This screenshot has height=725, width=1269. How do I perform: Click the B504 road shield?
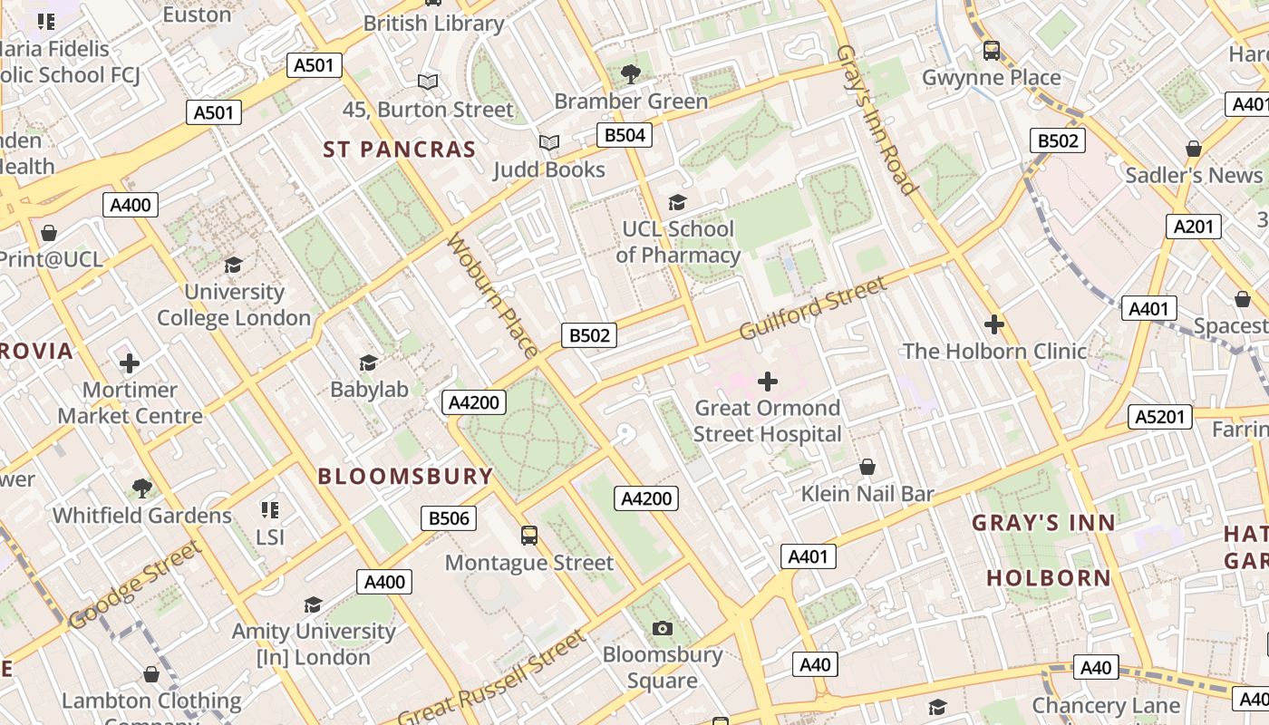625,136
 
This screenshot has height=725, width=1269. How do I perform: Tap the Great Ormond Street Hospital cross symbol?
768,381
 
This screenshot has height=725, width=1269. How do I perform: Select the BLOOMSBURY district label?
405,477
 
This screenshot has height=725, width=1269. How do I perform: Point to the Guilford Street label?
813,308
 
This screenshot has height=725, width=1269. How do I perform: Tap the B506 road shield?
449,518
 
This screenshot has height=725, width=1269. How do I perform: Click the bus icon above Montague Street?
529,536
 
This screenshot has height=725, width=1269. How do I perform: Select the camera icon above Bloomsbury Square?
663,628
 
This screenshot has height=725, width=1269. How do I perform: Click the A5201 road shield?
1159,417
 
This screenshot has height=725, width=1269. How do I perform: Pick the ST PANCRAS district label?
400,150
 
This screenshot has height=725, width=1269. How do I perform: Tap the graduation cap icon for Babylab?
368,363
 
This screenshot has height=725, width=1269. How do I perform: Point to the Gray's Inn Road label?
877,120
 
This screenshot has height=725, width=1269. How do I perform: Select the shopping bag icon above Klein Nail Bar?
867,468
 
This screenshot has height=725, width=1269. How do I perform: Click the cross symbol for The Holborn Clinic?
994,324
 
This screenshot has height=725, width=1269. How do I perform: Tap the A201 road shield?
1193,227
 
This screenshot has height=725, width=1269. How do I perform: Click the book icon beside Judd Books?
548,143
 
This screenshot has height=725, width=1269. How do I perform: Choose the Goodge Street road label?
133,585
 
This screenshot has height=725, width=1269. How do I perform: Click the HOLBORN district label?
1049,578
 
